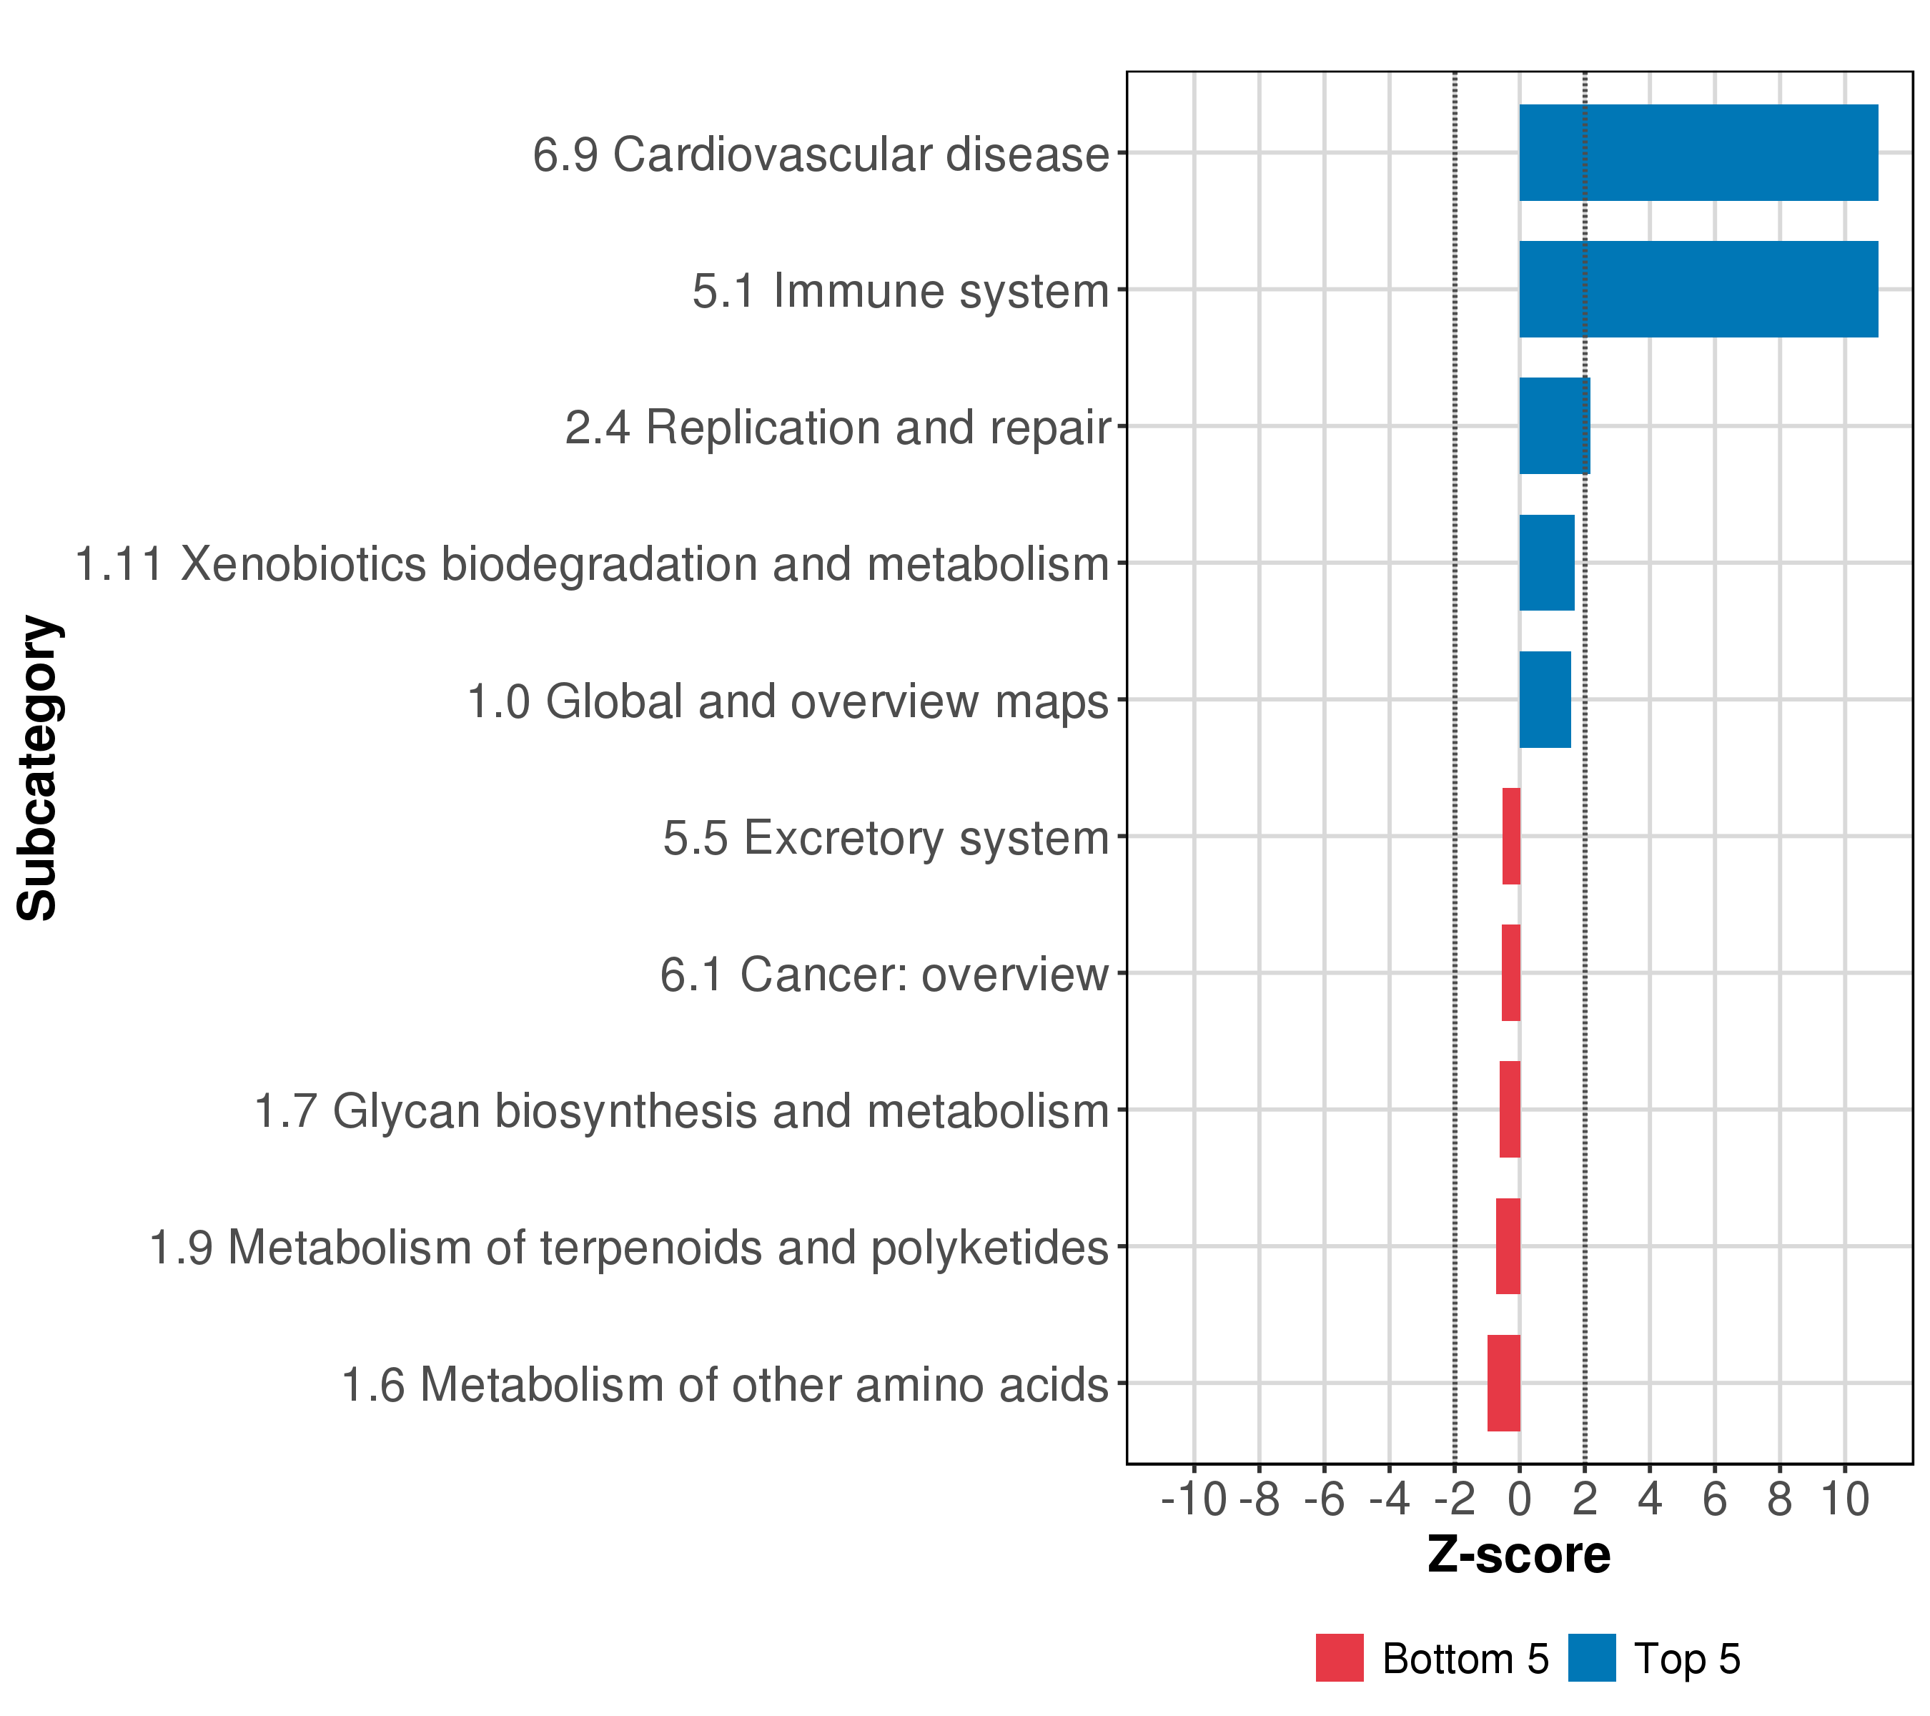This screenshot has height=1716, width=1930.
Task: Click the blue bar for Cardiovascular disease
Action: coord(1698,153)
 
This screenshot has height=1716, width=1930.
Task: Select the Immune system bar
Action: coord(1698,289)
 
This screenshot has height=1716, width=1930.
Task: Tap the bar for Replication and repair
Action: coord(1554,426)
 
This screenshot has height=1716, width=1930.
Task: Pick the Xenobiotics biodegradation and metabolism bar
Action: coord(1547,563)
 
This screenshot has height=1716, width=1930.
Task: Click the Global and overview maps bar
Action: coord(1545,700)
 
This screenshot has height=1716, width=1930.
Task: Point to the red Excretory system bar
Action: coord(1511,836)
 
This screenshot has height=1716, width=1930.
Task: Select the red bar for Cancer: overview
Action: coord(1511,972)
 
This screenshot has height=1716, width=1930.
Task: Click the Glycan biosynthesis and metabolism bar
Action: coord(1510,1110)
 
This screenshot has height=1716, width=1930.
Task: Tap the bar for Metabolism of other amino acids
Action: coord(1503,1383)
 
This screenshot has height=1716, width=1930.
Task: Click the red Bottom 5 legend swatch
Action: coord(1339,1658)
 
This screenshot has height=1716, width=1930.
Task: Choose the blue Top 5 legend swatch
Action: coord(1592,1658)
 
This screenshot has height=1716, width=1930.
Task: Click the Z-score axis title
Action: coord(1518,1554)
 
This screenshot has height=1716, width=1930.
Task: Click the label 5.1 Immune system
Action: coord(900,291)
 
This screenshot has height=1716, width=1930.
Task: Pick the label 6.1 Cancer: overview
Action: coord(884,975)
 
